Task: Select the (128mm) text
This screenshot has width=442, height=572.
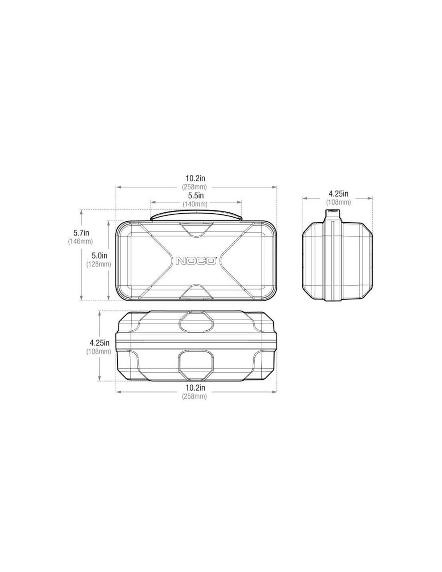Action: (x=99, y=264)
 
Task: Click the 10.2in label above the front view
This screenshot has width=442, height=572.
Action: (x=195, y=178)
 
